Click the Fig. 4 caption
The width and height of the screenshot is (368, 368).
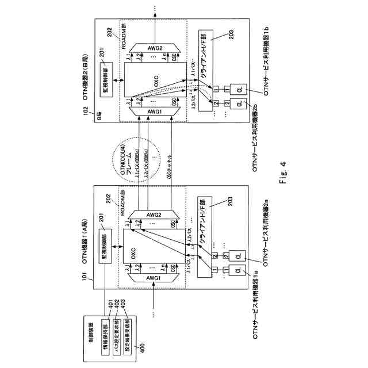pos(285,182)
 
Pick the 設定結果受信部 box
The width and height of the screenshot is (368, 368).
pos(128,332)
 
